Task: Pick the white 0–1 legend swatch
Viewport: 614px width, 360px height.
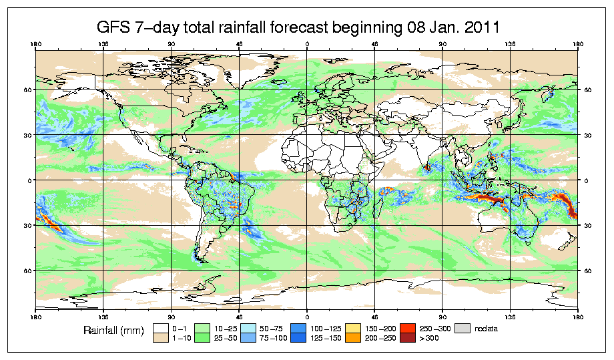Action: point(160,328)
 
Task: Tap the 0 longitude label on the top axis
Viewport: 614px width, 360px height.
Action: point(307,45)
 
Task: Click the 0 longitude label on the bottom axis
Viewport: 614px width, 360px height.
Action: point(307,313)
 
